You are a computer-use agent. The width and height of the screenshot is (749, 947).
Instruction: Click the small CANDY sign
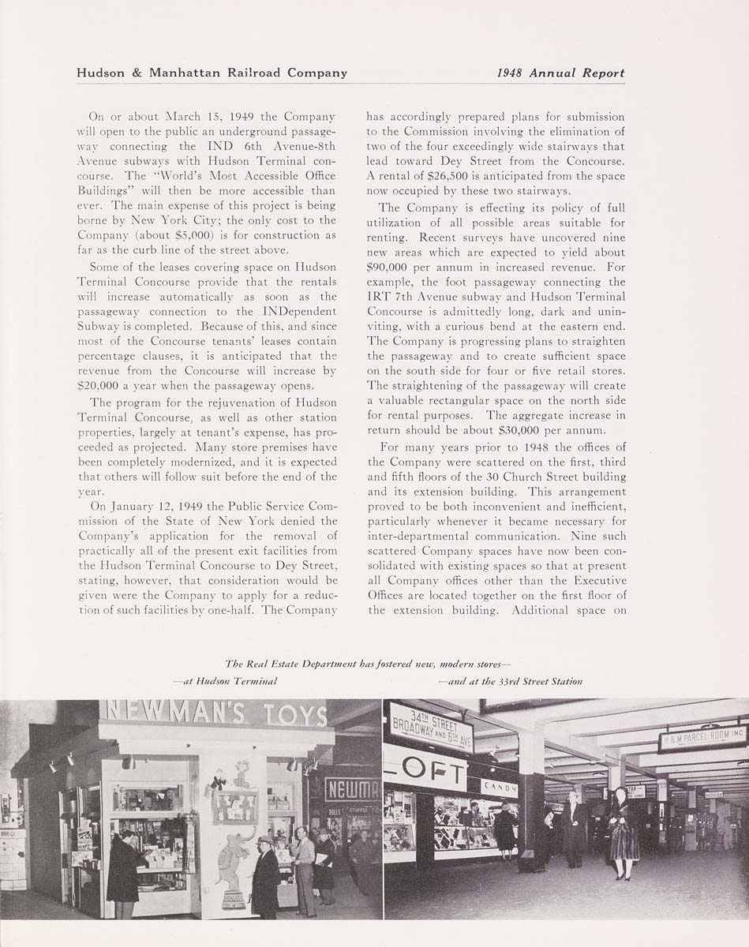click(499, 788)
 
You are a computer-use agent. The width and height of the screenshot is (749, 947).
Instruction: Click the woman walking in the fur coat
click(624, 833)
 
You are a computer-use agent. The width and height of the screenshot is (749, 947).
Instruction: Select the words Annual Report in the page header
click(577, 73)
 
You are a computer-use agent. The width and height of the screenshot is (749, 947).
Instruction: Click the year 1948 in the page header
click(511, 73)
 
